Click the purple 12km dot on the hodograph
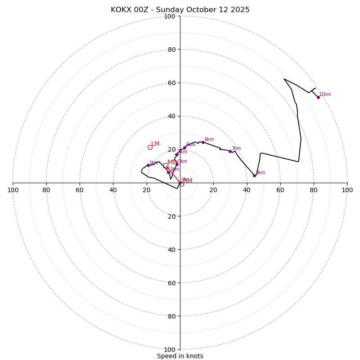click(x=318, y=97)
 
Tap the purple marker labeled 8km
click(x=254, y=175)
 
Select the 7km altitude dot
click(x=230, y=151)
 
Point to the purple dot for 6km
click(x=203, y=142)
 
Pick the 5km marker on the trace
click(x=184, y=148)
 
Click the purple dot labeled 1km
click(x=148, y=165)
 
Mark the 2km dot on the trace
click(x=168, y=172)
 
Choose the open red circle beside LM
click(x=150, y=147)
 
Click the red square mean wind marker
click(x=166, y=166)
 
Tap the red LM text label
click(x=155, y=144)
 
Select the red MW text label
click(x=172, y=162)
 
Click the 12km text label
click(x=325, y=94)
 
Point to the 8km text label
click(x=261, y=173)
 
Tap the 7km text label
click(x=236, y=148)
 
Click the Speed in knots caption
click(x=180, y=356)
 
